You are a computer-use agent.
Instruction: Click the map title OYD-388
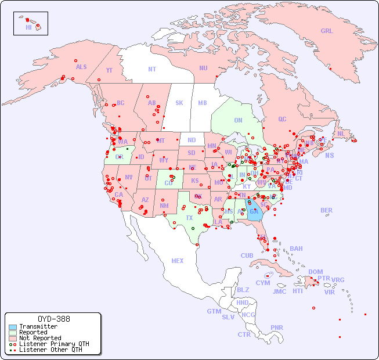(x=54, y=319)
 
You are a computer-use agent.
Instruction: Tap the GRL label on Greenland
(x=327, y=31)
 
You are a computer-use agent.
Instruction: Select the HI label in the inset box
(x=28, y=27)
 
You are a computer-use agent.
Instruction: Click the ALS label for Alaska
(x=81, y=67)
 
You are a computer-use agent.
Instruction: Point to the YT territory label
(x=109, y=70)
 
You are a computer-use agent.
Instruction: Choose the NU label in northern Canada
(x=203, y=68)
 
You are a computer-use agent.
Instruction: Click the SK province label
(x=179, y=103)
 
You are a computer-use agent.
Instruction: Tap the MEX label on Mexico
(x=178, y=261)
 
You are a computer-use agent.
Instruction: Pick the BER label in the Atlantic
(x=327, y=210)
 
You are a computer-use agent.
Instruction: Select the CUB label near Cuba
(x=247, y=255)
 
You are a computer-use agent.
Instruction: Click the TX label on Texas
(x=189, y=218)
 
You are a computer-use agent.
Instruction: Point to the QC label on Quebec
(x=282, y=119)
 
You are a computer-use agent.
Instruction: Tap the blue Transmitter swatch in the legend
(x=13, y=327)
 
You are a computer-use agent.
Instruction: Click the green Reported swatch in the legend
(x=13, y=333)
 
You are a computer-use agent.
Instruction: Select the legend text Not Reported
(x=40, y=338)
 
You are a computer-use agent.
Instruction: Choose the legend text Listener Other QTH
(x=50, y=350)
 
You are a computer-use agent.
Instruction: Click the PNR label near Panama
(x=277, y=327)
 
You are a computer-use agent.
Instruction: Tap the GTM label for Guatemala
(x=214, y=311)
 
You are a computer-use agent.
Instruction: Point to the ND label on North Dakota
(x=192, y=140)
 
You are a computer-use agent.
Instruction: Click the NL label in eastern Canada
(x=341, y=133)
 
